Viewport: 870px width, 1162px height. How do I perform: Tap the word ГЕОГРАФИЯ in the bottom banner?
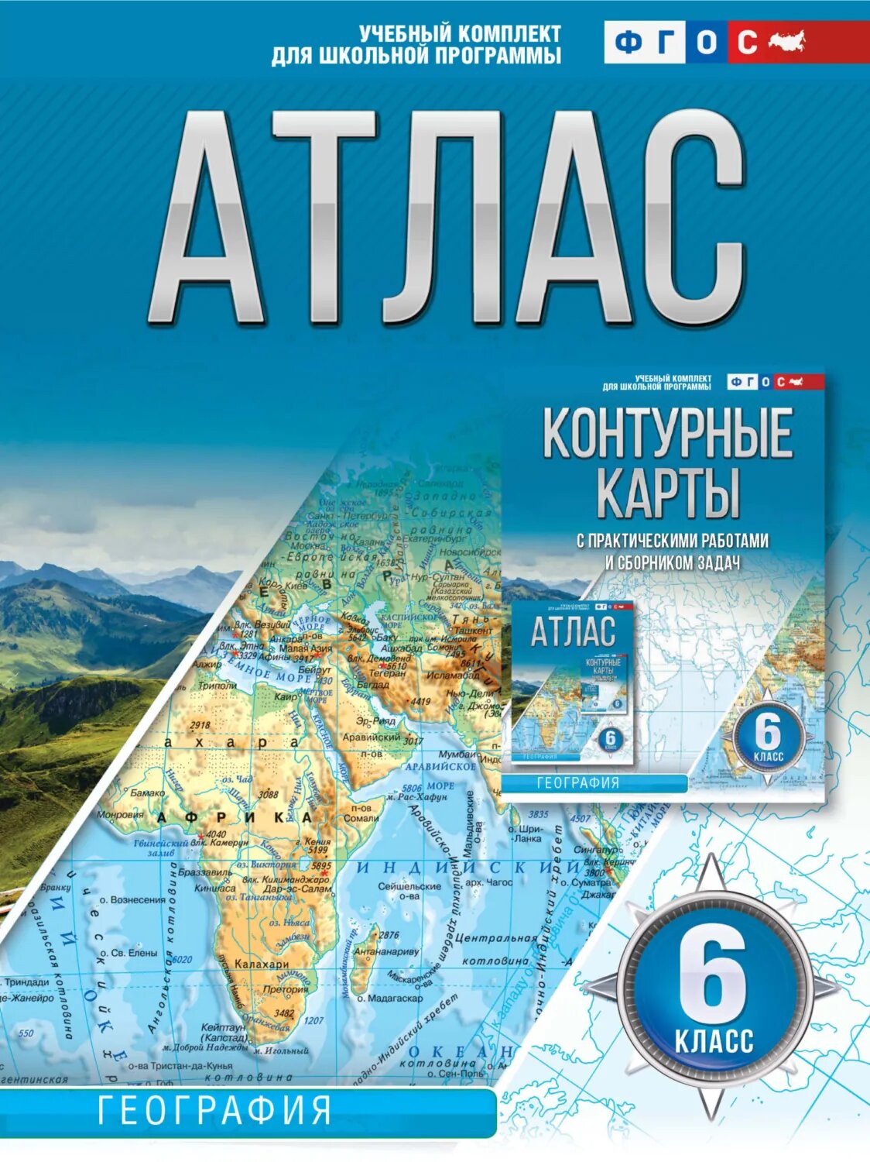tap(215, 1111)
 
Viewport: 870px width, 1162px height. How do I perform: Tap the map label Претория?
tap(286, 989)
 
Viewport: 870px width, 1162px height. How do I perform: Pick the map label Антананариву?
tap(386, 951)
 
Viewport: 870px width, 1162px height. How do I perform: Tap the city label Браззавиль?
tap(205, 872)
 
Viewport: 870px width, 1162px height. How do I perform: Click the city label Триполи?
tap(217, 686)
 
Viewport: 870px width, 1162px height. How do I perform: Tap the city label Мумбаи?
tap(456, 754)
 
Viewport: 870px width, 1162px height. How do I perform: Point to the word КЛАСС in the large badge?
tap(714, 1040)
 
